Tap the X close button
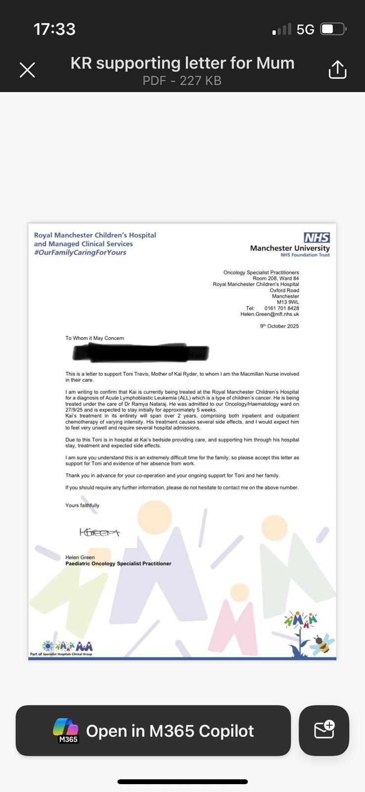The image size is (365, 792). click(27, 70)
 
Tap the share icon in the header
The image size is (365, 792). click(337, 70)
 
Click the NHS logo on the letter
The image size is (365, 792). click(317, 238)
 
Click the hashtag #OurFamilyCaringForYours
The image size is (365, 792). click(80, 252)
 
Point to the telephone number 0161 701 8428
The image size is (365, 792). click(281, 308)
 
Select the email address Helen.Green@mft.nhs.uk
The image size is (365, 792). click(270, 314)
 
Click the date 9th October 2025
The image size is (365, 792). click(279, 326)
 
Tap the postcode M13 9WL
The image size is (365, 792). click(288, 302)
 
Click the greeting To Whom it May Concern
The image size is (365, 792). click(94, 338)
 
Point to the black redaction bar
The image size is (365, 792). click(141, 352)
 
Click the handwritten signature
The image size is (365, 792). click(99, 533)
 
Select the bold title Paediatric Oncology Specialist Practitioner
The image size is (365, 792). click(118, 563)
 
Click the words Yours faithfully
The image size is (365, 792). click(82, 505)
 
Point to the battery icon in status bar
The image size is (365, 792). click(333, 29)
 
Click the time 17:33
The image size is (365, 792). click(54, 29)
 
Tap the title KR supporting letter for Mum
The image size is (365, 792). click(182, 63)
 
